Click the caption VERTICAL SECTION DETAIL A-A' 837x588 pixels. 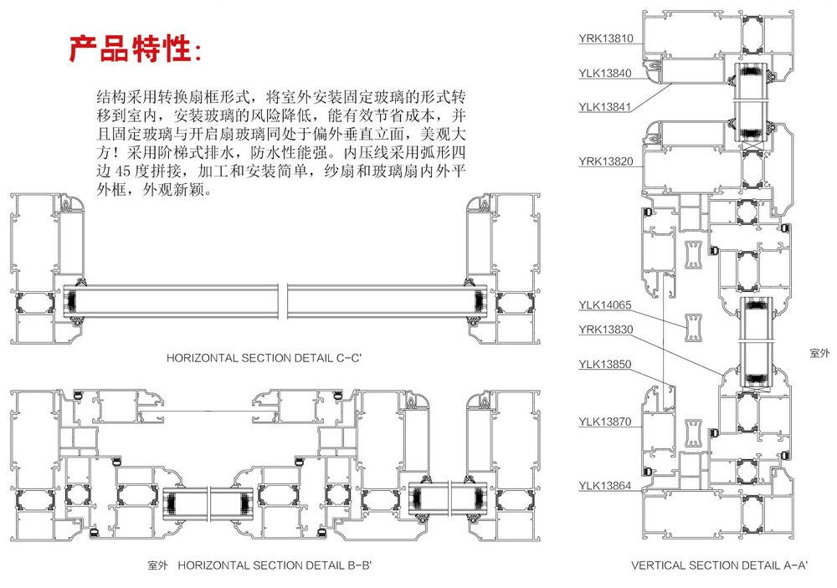(719, 566)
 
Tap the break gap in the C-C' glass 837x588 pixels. (286, 299)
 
